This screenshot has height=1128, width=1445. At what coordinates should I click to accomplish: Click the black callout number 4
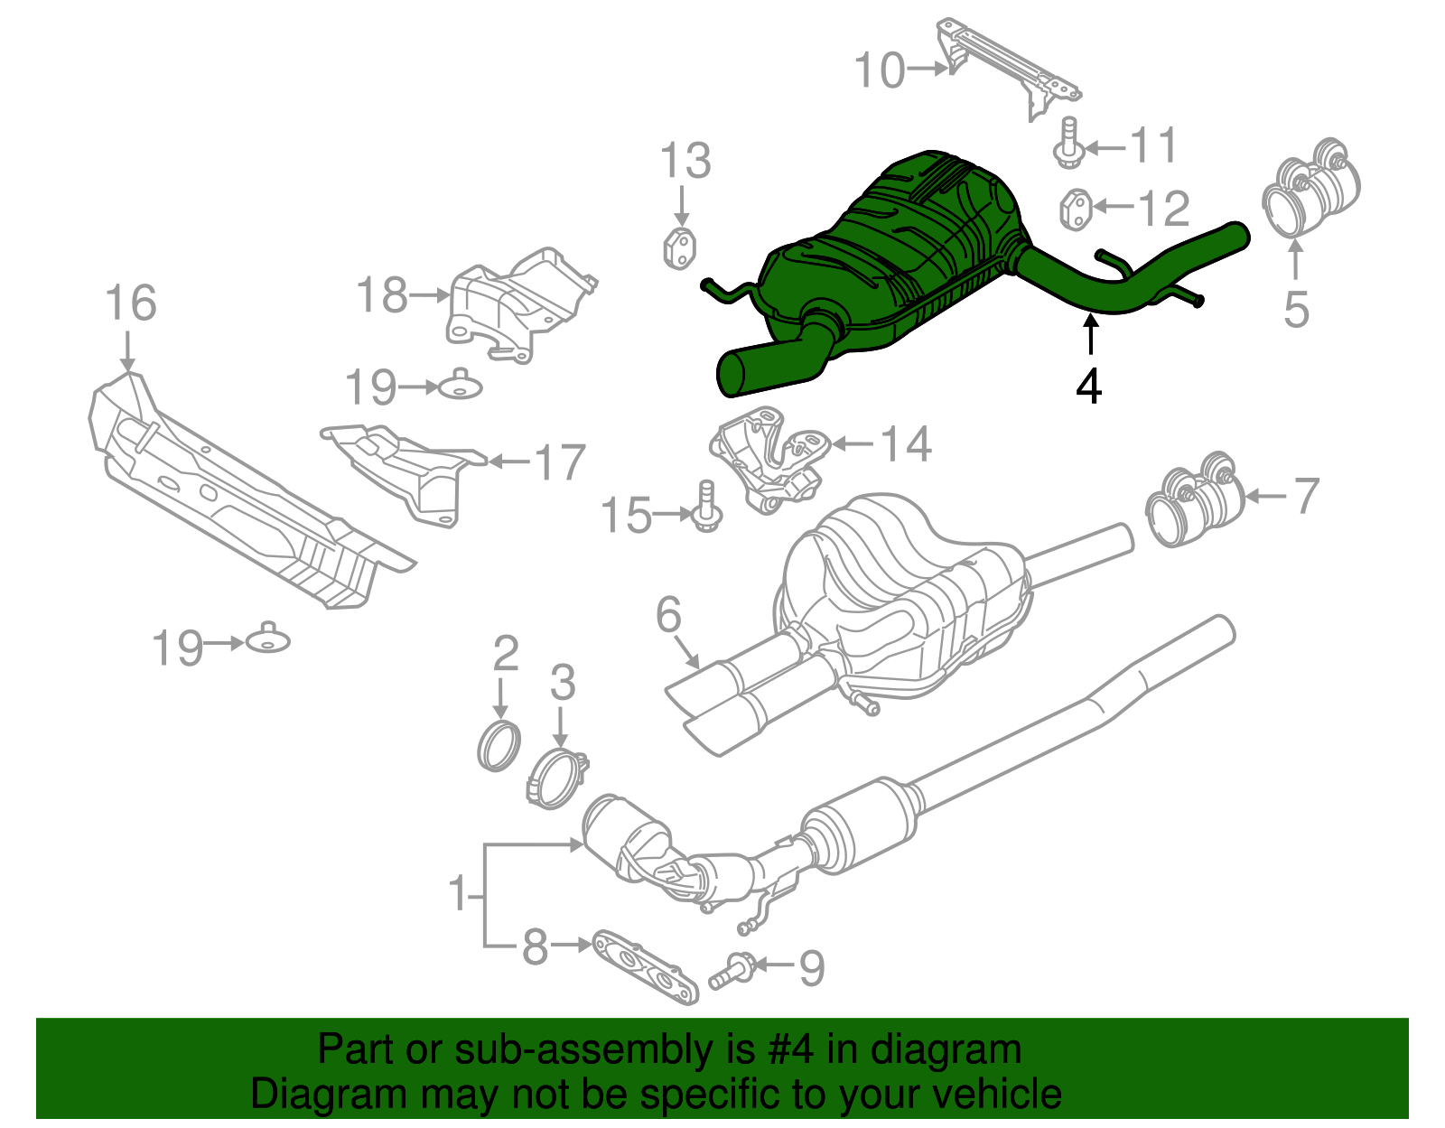coord(1089,387)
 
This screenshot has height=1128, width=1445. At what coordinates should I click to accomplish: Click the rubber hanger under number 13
coord(680,248)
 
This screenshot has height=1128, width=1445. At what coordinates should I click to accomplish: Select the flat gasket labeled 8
coord(645,967)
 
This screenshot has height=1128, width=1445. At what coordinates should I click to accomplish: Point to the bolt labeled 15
coord(706,508)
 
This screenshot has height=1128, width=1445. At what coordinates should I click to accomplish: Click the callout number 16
coord(131,303)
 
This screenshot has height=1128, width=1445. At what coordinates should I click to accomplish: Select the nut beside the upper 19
coord(461,387)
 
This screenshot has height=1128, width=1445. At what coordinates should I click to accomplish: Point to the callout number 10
coord(879,70)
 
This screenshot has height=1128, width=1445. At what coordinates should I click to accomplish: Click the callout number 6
coord(668,616)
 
